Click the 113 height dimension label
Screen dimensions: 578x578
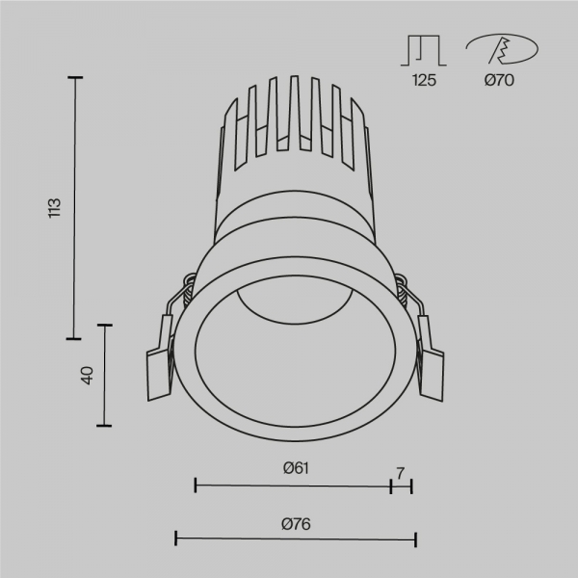55,207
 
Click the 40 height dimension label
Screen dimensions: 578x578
86,376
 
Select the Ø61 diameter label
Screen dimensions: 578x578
295,469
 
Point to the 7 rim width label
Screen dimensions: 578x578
400,472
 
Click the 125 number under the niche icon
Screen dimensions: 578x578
424,81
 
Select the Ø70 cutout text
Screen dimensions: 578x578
500,81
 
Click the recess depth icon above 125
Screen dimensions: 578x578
424,50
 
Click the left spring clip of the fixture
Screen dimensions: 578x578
160,356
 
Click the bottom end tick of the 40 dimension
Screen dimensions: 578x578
104,425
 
